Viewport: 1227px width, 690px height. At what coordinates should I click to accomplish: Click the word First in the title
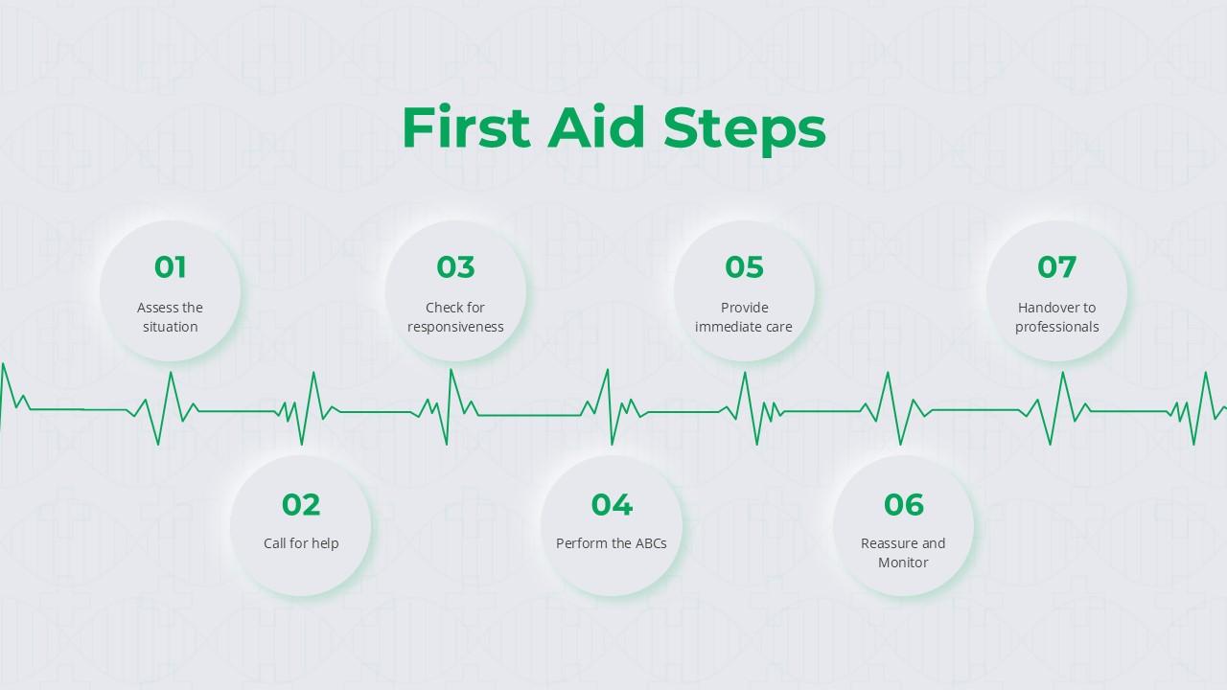tap(466, 126)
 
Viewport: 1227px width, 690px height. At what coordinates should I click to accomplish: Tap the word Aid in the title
tap(596, 126)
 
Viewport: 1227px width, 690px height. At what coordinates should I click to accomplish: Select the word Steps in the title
tap(745, 130)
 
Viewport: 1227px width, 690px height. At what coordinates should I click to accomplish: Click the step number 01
tap(170, 267)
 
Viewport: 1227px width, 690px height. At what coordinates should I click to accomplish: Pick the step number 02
tap(301, 504)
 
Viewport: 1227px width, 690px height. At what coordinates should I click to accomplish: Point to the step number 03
tap(455, 267)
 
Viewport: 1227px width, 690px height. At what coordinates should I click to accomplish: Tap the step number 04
tap(612, 504)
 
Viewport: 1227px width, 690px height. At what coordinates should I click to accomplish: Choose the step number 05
tap(744, 267)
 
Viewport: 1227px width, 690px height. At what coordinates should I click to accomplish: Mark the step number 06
tap(903, 504)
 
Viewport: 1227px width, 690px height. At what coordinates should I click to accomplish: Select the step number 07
tap(1056, 267)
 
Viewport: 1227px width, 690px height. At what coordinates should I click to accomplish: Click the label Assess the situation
tap(170, 317)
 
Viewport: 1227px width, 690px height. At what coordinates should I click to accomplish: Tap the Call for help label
tap(301, 543)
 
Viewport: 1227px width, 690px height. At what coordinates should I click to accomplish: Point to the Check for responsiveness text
tap(455, 317)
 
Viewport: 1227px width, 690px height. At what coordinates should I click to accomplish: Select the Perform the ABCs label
tap(612, 543)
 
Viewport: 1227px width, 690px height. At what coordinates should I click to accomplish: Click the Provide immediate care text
tap(744, 317)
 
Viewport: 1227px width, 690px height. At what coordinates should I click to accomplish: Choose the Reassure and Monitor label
tap(903, 553)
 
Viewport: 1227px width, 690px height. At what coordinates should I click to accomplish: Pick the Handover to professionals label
tap(1056, 317)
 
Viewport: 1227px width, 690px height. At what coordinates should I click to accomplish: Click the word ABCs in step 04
tap(651, 543)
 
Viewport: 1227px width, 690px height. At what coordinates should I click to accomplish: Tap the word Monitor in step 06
tap(903, 563)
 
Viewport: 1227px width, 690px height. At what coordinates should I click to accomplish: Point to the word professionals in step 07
tap(1056, 327)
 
